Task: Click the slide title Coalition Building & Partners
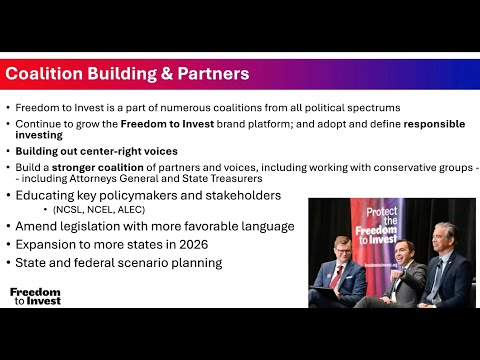(127, 74)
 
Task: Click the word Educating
(48, 195)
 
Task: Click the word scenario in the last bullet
(142, 263)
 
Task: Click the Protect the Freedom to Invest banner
(383, 226)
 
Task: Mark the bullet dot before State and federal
(8, 263)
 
